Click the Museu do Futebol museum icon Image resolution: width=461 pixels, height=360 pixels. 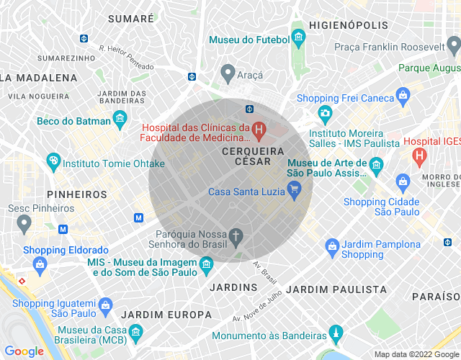point(298,37)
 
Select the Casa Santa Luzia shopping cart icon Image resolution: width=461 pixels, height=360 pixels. point(293,190)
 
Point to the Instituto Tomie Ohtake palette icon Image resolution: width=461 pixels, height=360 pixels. point(53,161)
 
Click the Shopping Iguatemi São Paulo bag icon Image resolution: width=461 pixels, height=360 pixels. point(106,305)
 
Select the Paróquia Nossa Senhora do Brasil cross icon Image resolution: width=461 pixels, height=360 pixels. point(235,235)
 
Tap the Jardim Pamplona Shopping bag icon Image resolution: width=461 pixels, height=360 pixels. point(331,247)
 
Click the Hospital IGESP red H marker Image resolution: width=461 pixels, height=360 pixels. point(418,154)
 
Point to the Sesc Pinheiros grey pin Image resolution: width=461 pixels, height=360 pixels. point(24,224)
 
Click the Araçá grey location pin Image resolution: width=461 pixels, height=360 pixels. point(228,73)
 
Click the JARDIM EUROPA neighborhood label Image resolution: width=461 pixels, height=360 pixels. point(166,315)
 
